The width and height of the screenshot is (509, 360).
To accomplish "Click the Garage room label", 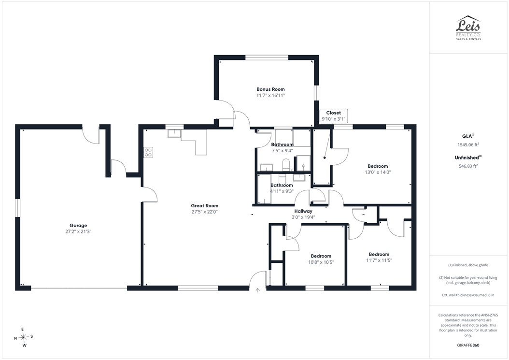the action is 78,226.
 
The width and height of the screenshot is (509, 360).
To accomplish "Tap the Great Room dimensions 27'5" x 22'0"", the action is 204,212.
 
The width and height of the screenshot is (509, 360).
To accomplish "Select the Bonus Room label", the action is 270,89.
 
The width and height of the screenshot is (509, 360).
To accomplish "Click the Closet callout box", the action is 333,116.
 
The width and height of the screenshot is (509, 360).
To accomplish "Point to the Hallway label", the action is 303,211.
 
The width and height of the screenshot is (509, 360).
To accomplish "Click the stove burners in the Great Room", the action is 148,153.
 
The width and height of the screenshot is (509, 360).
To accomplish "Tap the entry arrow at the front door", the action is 258,290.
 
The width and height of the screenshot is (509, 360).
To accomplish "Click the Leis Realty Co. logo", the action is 468,28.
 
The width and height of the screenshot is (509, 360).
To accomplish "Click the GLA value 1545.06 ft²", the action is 468,145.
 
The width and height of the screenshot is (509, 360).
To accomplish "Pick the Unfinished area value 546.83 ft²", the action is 468,166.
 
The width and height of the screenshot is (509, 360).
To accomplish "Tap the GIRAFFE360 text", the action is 468,345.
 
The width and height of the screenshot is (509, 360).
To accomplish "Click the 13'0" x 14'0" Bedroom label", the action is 378,166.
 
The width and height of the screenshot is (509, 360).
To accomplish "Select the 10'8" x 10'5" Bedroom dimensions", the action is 321,262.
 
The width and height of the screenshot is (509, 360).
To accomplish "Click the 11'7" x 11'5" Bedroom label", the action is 379,254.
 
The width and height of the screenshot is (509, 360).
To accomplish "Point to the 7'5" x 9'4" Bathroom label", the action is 282,144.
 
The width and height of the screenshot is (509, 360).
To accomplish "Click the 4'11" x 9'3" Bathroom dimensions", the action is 282,191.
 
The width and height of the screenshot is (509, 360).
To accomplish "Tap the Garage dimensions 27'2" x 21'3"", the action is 78,231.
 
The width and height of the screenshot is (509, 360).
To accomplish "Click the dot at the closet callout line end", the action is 325,158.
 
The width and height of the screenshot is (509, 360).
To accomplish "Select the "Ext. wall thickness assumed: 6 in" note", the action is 468,295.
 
